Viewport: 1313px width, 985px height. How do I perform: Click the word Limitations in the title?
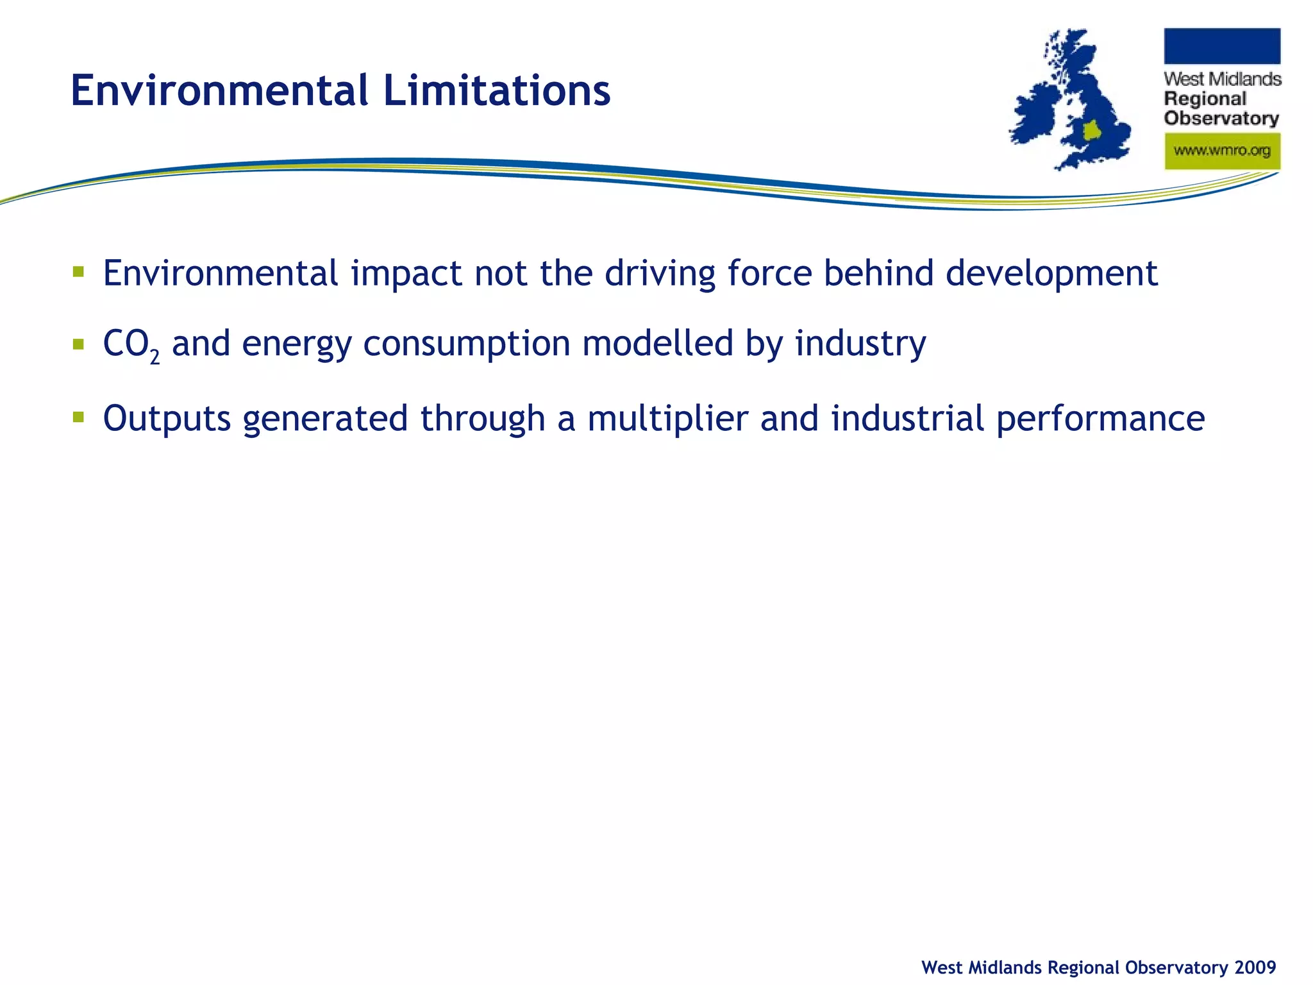496,90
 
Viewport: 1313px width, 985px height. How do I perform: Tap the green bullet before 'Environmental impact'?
78,271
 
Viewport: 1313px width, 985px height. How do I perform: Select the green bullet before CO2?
78,344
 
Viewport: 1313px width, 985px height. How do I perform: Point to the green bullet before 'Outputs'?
78,417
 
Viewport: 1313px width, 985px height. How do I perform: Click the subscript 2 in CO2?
155,357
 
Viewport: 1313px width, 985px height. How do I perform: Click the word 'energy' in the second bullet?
297,345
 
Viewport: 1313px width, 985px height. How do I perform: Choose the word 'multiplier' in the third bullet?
667,419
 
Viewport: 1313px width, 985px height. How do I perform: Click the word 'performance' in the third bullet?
1100,419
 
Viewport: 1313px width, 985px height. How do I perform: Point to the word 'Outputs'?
167,419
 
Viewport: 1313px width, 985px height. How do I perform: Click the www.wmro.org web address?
1222,151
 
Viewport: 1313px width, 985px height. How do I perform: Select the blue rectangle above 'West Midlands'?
1222,46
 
